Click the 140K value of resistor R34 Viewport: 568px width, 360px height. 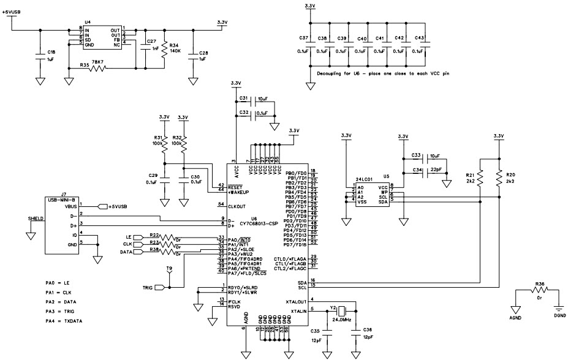174,51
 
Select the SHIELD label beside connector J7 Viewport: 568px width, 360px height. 35,217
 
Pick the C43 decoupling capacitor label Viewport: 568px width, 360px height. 419,38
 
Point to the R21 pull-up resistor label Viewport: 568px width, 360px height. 470,174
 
